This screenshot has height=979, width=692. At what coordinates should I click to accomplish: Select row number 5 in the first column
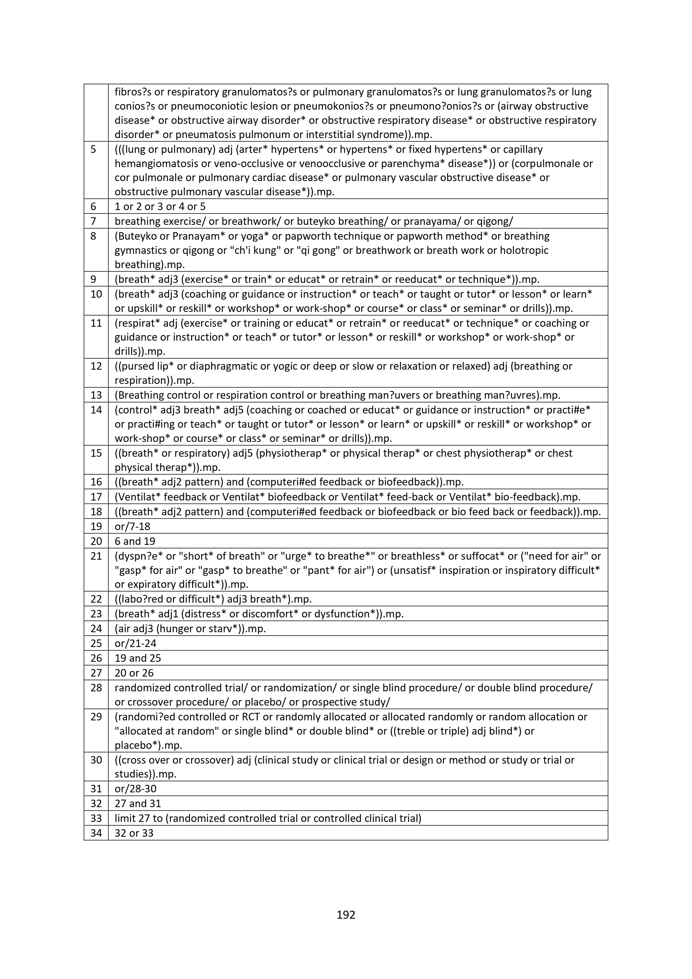[93, 149]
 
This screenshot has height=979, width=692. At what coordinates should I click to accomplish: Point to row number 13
[96, 395]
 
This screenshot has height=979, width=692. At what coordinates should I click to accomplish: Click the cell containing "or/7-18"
[132, 526]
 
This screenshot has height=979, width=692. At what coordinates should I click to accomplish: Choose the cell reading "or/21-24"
[135, 643]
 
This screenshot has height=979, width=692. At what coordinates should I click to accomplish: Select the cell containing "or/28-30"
[135, 788]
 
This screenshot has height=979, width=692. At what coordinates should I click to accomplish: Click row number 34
[96, 833]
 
